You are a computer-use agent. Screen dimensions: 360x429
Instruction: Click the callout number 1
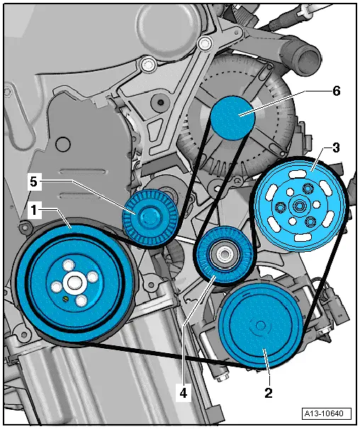[34, 210]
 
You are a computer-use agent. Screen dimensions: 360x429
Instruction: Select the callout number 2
[269, 393]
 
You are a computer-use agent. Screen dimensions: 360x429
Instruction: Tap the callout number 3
[336, 147]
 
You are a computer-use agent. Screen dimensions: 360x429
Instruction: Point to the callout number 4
[184, 394]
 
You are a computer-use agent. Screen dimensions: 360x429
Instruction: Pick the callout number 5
[33, 182]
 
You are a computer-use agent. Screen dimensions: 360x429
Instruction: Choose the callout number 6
[337, 91]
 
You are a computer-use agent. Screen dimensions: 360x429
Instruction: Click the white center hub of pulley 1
[73, 282]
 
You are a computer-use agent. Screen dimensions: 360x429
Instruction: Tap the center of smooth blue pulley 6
[233, 118]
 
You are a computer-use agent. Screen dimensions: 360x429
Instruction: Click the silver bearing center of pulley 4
[225, 255]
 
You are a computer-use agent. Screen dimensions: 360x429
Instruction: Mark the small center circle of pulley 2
[261, 325]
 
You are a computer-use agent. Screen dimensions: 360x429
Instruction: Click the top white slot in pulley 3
[298, 174]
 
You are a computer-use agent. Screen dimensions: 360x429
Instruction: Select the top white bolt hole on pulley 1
[68, 264]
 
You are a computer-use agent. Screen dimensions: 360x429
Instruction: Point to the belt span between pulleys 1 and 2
[163, 354]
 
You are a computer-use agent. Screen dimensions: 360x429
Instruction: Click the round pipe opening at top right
[308, 61]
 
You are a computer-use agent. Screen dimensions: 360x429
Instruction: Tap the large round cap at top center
[166, 29]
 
